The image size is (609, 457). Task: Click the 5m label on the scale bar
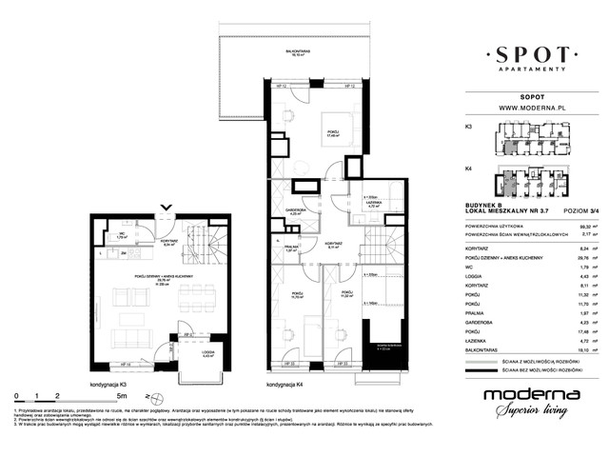(x=119, y=393)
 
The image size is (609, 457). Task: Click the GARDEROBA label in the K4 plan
(x=295, y=212)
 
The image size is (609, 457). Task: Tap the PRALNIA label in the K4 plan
(x=292, y=250)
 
